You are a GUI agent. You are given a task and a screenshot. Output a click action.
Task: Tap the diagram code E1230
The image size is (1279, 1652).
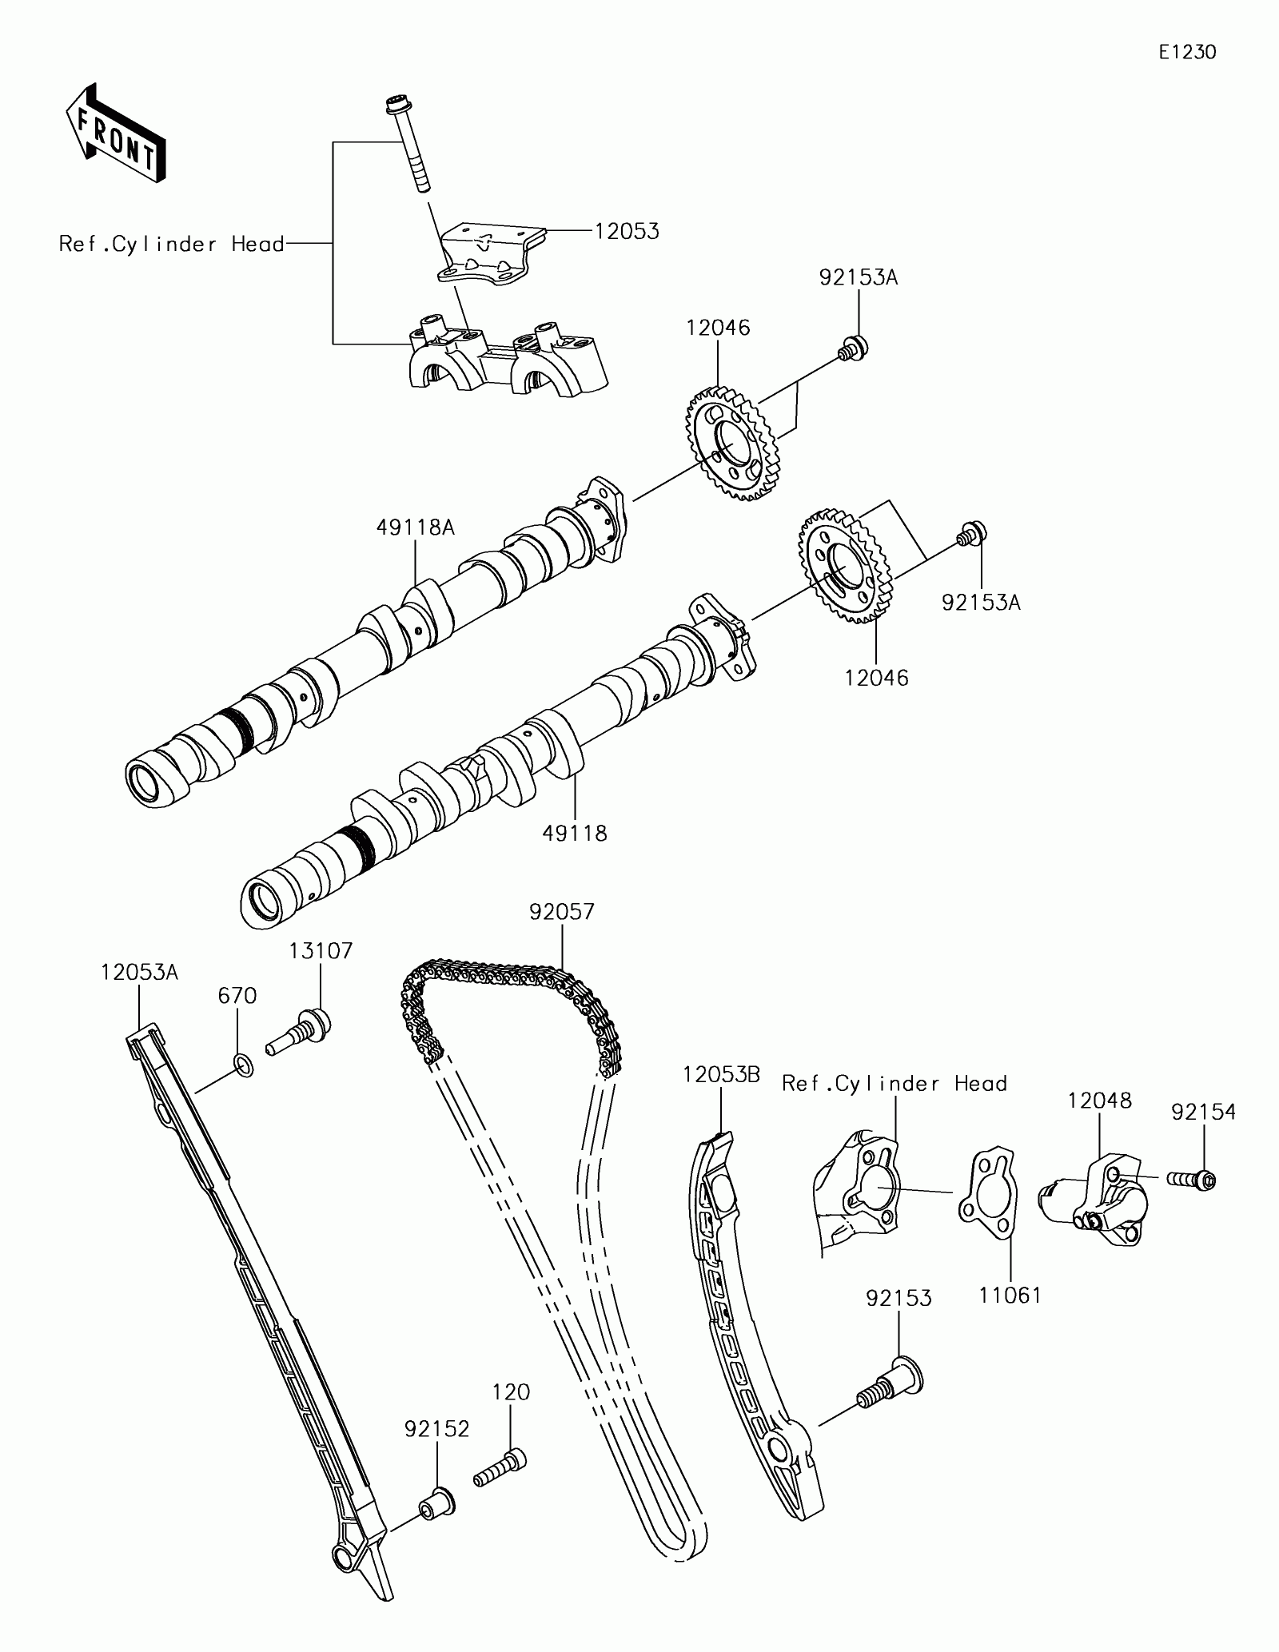[1188, 53]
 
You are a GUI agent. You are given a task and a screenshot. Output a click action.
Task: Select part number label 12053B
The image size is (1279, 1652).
[721, 1075]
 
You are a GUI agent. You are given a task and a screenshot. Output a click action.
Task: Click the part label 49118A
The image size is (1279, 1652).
[416, 527]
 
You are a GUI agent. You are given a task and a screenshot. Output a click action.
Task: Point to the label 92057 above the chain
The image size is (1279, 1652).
[562, 912]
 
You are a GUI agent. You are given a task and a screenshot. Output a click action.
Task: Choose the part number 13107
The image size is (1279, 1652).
[321, 951]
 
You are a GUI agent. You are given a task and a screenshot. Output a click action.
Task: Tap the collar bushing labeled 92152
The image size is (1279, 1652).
[436, 1502]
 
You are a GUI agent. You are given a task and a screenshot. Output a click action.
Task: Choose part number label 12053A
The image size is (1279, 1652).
[140, 973]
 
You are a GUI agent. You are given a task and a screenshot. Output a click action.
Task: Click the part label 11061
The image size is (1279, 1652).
[1010, 1296]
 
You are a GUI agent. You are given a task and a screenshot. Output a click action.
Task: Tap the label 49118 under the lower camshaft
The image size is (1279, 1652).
[575, 833]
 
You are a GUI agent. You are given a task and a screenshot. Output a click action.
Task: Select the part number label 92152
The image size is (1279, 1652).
[436, 1429]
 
